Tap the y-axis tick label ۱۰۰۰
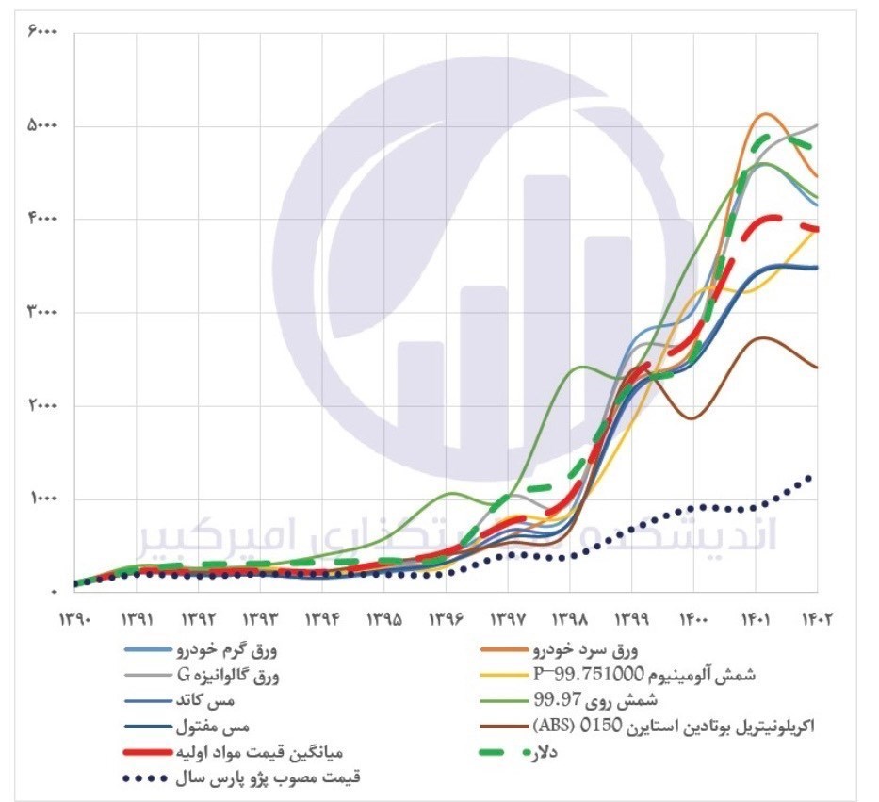[x=42, y=499]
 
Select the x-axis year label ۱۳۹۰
[x=75, y=619]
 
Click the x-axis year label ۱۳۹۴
[x=322, y=619]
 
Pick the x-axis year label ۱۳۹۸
[x=569, y=619]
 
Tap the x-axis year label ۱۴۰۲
[x=816, y=619]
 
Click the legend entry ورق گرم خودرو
[x=226, y=650]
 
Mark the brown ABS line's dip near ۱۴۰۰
[x=692, y=417]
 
